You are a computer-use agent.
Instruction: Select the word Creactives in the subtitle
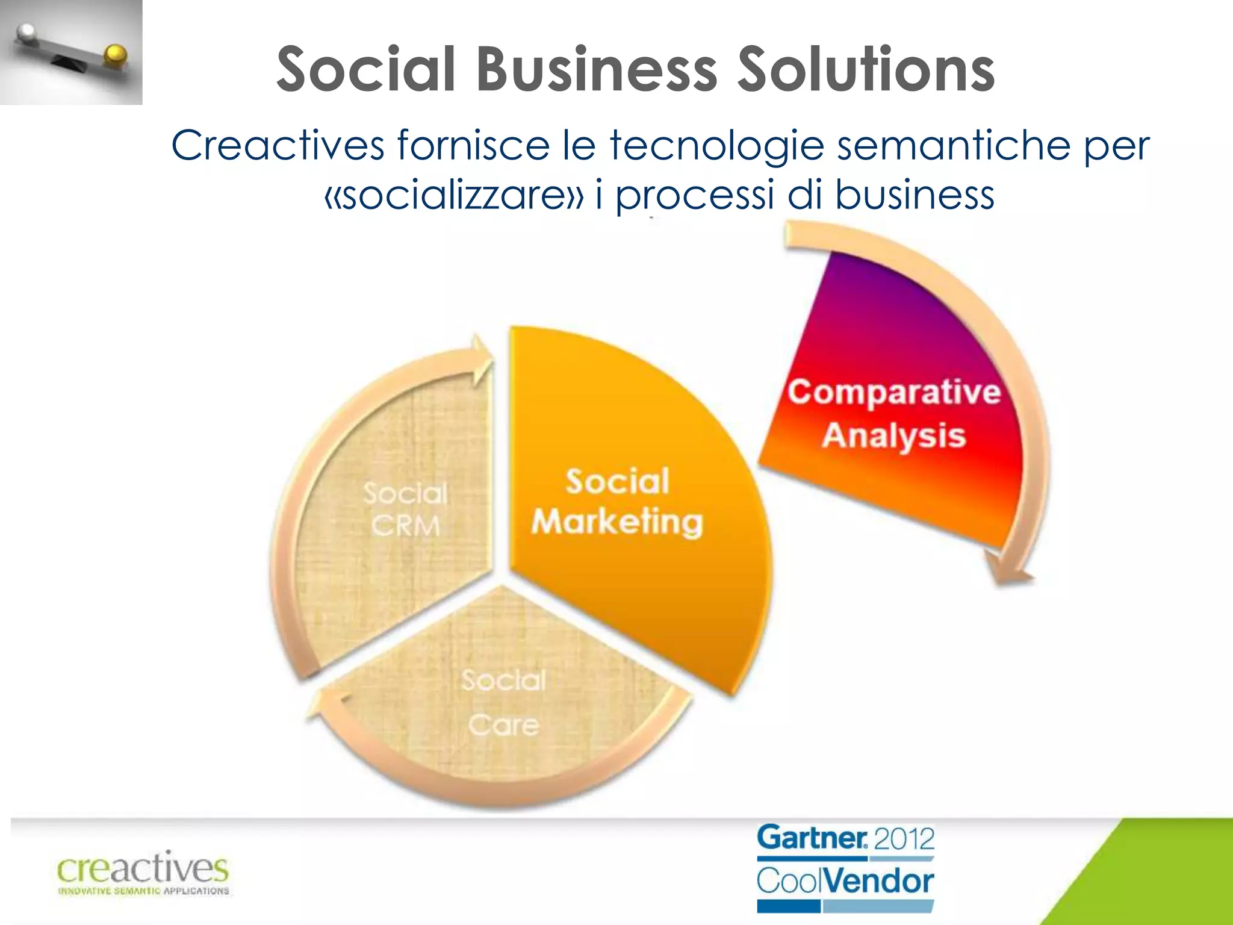tap(278, 146)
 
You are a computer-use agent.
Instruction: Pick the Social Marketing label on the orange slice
tap(617, 502)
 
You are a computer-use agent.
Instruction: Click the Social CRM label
tap(405, 509)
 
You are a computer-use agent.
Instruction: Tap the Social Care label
tap(504, 702)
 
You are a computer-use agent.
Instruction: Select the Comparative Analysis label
tap(894, 413)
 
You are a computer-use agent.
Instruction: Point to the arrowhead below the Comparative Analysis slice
tap(1008, 572)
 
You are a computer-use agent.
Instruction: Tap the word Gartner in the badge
tap(812, 838)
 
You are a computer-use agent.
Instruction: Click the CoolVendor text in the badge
tap(845, 881)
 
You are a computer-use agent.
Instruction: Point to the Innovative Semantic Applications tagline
tap(143, 891)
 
